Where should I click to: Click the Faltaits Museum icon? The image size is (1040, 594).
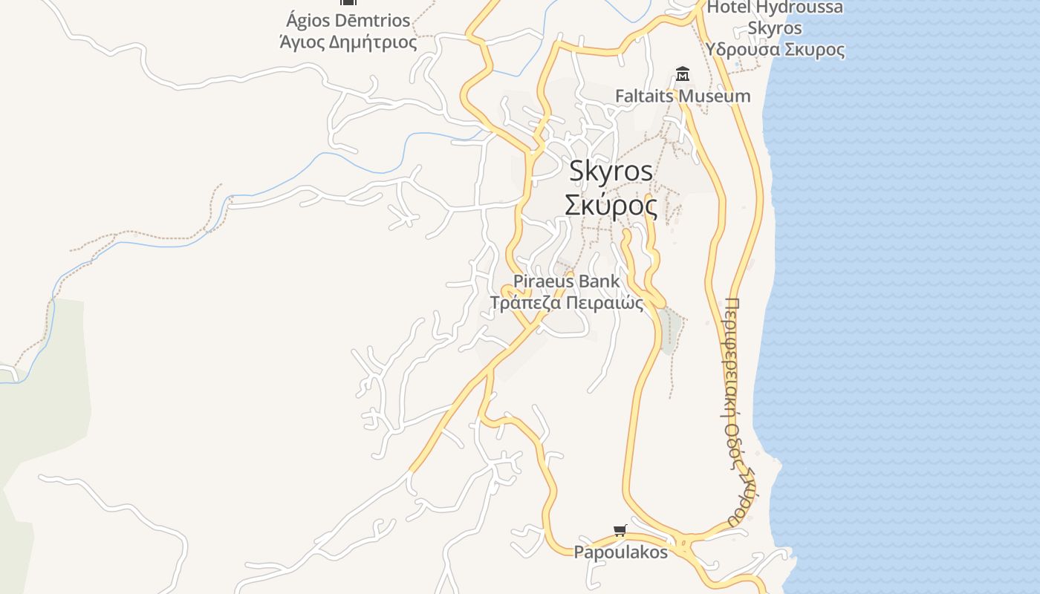click(683, 74)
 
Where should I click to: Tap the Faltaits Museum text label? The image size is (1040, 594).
click(683, 96)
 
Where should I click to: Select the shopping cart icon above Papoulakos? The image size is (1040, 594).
click(620, 530)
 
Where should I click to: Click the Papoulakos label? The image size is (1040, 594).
click(620, 552)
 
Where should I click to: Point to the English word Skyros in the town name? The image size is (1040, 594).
click(611, 171)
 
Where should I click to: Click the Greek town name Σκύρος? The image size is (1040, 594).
click(611, 205)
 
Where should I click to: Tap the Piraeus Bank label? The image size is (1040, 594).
click(566, 281)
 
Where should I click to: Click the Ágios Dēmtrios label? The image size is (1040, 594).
click(348, 19)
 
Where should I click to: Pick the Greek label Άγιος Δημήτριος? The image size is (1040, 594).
click(348, 42)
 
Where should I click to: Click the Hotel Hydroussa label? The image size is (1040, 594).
click(775, 8)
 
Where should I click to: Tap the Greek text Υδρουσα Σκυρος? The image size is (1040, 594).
click(775, 50)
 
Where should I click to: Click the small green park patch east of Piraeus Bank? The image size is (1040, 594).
click(669, 329)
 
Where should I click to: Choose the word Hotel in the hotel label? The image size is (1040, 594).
click(729, 8)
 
